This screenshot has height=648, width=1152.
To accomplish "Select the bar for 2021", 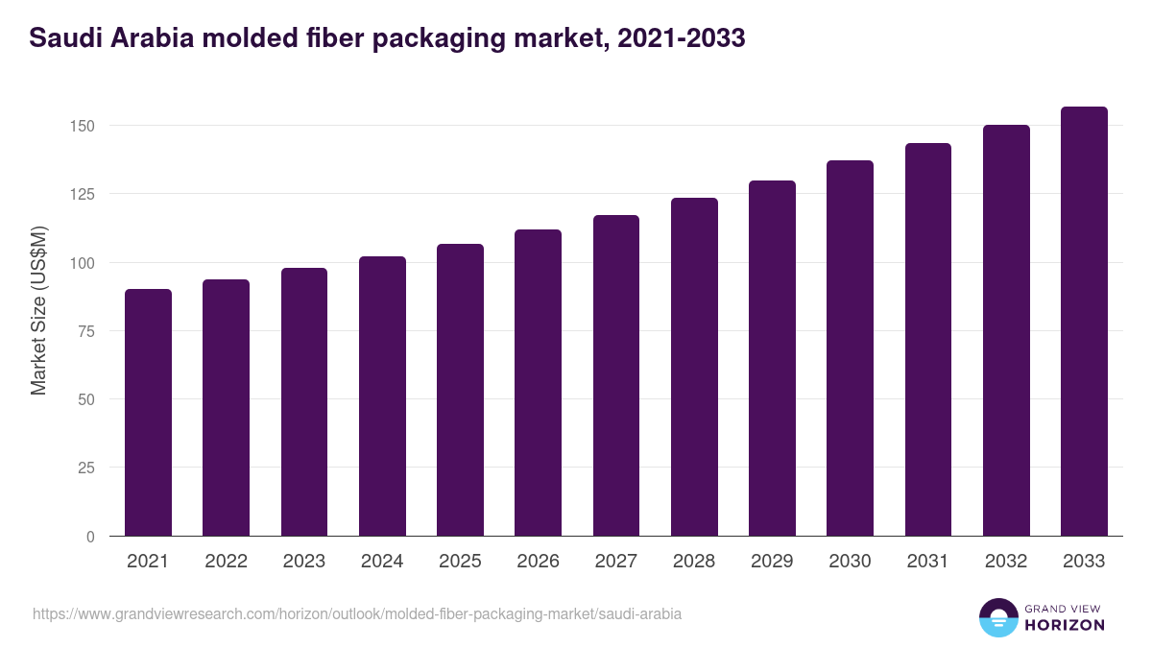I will [x=148, y=413].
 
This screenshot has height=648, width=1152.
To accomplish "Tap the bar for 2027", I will [x=616, y=375].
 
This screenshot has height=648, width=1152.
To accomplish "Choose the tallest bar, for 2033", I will [x=1084, y=322].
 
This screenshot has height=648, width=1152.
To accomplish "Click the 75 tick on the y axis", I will [x=87, y=331].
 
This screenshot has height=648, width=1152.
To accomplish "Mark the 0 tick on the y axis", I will [x=91, y=537].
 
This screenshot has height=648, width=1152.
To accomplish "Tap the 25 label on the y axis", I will [x=87, y=468].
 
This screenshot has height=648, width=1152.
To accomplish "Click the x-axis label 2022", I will [x=226, y=562].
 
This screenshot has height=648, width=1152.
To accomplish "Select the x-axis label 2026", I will [x=538, y=562].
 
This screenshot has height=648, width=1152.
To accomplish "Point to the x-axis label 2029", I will [x=772, y=562].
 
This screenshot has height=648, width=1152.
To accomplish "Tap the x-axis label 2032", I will [x=1006, y=562].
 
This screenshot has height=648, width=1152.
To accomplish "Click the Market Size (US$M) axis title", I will [x=38, y=311].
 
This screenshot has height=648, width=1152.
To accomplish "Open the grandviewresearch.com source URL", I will [x=357, y=613].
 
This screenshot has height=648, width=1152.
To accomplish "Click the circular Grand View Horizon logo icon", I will [x=997, y=618].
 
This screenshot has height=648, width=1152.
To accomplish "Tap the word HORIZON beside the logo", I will [x=1064, y=625].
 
